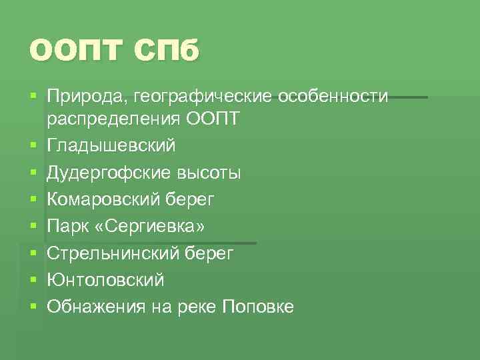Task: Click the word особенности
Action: [x=333, y=96]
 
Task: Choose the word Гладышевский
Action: [x=111, y=145]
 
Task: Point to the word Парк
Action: [x=67, y=227]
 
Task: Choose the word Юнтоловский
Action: [x=105, y=280]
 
